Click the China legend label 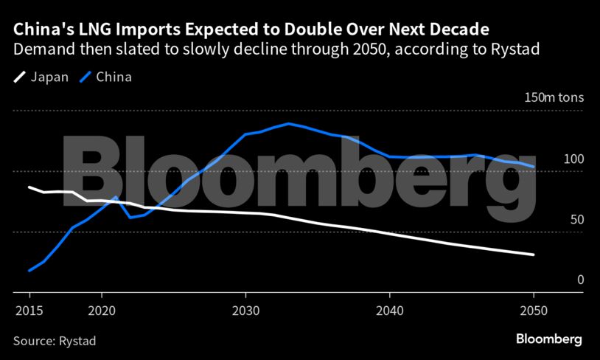tap(114, 77)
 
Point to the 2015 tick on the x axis tap(29, 295)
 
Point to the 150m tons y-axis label tap(554, 97)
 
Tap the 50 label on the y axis tap(576, 220)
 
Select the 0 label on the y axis tap(580, 280)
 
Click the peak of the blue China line tap(288, 123)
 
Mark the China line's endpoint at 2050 tap(534, 167)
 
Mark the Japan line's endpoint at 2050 tap(534, 255)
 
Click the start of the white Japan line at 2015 tap(29, 187)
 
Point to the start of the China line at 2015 tap(29, 271)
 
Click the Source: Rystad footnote tap(55, 341)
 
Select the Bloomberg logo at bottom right tap(548, 339)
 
